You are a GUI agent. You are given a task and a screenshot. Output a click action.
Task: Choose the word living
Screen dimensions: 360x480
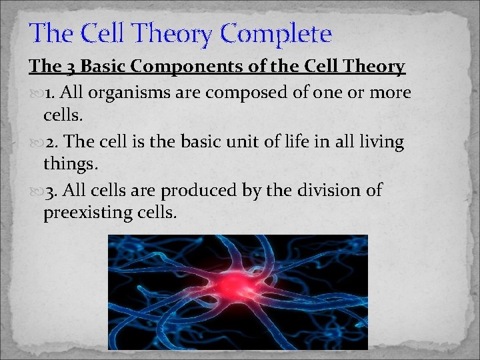click(x=380, y=141)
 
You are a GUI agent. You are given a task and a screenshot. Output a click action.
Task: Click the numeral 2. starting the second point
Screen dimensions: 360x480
click(x=53, y=141)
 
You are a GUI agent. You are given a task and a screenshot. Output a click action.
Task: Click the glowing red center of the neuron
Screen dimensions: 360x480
click(x=233, y=285)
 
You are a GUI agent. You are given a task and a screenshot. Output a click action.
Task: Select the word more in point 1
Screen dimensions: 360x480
click(x=392, y=93)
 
